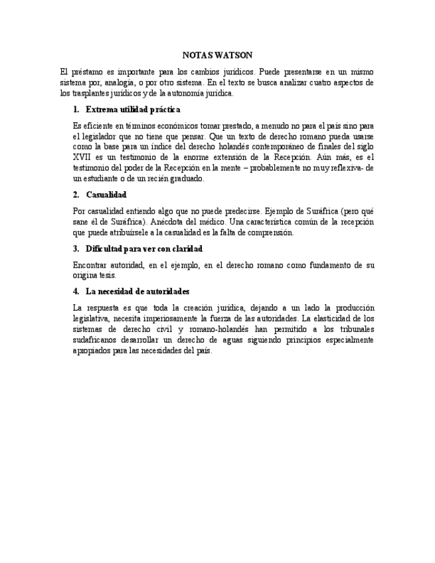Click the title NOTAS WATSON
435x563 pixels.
pos(217,55)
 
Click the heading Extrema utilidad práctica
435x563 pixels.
pos(133,109)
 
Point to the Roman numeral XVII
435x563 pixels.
pos(82,157)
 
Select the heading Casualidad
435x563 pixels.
pos(106,195)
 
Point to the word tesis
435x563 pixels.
pos(109,275)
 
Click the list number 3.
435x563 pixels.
pos(76,248)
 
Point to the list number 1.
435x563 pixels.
pos(76,109)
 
